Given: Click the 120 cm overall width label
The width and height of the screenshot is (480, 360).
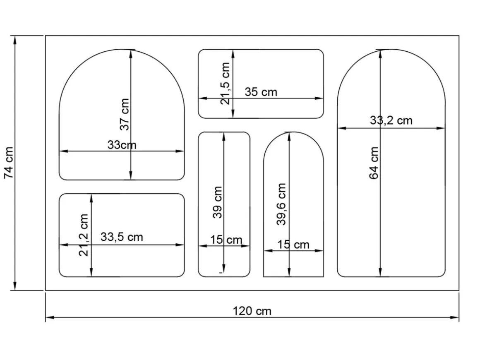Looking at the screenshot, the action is coord(252,311).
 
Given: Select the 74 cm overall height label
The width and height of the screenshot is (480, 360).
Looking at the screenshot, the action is coord(9,163).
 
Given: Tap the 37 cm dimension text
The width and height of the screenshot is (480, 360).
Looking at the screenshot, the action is coord(125,114).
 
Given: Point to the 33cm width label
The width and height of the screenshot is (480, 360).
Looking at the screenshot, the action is coord(122,145).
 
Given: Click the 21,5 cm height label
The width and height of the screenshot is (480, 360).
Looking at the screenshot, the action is coord(225,83).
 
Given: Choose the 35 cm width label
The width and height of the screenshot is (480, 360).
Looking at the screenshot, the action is coord(261,92).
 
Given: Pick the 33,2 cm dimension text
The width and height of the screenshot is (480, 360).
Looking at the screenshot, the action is coord(391,120).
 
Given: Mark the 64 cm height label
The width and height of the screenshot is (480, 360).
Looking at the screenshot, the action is coord(374,163).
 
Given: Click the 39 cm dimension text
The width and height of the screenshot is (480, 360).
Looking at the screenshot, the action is coord(217,202).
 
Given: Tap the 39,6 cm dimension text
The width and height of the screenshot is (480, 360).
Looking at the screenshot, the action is coord(281,204).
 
